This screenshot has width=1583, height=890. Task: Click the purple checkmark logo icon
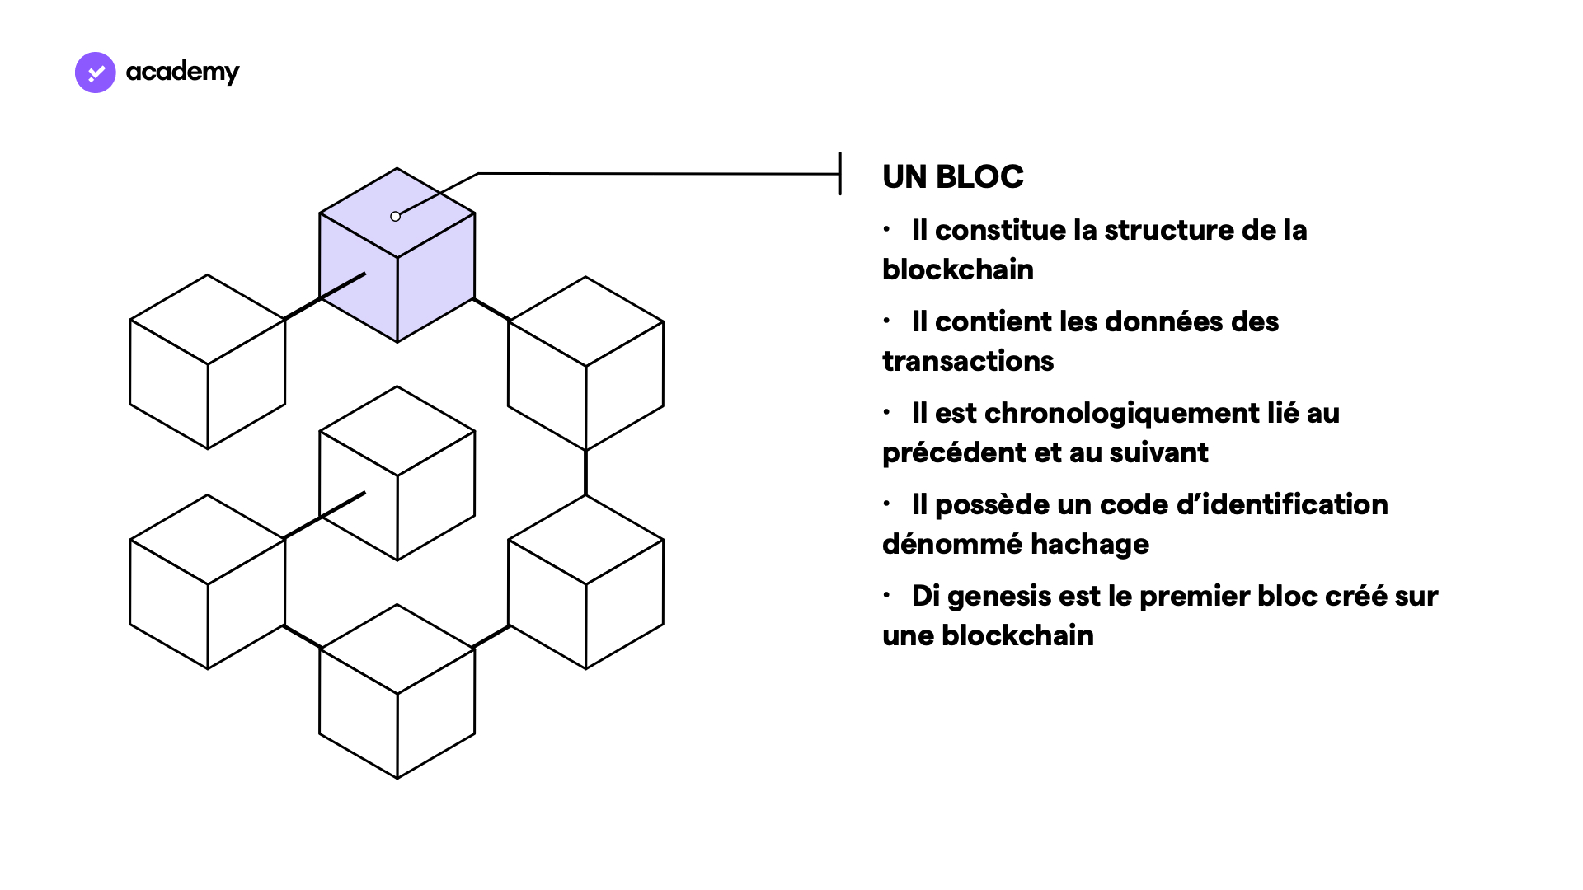pos(96,73)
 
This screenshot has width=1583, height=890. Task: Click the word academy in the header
pos(182,73)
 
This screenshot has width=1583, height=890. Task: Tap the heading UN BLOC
pos(952,176)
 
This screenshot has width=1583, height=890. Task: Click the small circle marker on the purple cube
pos(396,217)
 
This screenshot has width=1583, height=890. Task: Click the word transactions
pos(967,361)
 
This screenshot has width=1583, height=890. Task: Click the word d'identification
pos(1282,504)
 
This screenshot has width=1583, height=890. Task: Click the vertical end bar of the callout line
pos(840,174)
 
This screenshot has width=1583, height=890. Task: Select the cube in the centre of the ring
pos(397,474)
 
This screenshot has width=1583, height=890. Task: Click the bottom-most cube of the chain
pos(397,692)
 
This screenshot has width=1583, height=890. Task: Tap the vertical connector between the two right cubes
pos(586,473)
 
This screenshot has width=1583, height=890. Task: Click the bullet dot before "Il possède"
pos(887,503)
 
